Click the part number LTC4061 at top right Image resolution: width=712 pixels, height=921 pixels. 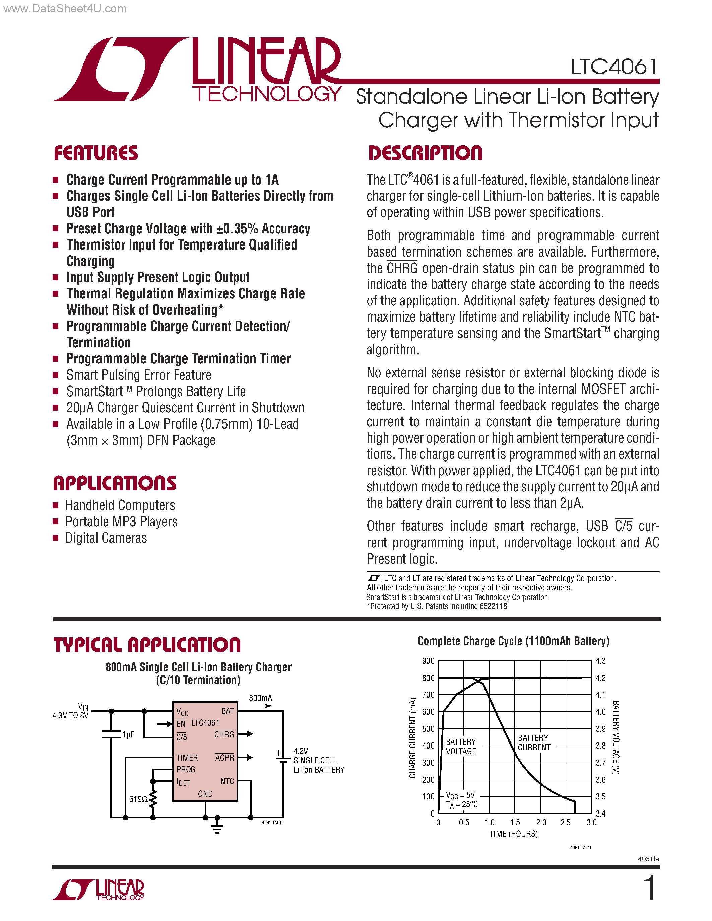(614, 67)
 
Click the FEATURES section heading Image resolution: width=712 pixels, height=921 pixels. (96, 153)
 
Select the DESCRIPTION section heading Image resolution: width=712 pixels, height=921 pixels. (425, 153)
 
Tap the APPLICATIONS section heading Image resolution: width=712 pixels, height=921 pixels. (115, 483)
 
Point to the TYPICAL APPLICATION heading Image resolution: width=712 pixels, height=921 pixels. (147, 645)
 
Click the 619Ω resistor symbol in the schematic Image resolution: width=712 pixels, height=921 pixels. (153, 799)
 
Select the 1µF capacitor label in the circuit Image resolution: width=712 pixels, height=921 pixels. (128, 734)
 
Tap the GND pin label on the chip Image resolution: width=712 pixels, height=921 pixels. (205, 794)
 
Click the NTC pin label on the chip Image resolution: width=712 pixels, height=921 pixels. (227, 781)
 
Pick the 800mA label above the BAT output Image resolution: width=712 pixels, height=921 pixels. (260, 698)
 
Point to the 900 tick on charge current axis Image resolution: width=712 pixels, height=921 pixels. (428, 661)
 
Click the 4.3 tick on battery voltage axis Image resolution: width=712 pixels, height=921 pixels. (601, 661)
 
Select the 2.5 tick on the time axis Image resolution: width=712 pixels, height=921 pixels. (565, 822)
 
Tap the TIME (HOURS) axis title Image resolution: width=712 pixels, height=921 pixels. (513, 834)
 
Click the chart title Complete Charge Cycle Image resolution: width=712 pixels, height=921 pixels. (513, 641)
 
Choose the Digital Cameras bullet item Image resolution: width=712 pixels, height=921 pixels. (106, 538)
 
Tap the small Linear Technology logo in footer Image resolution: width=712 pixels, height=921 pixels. (98, 890)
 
